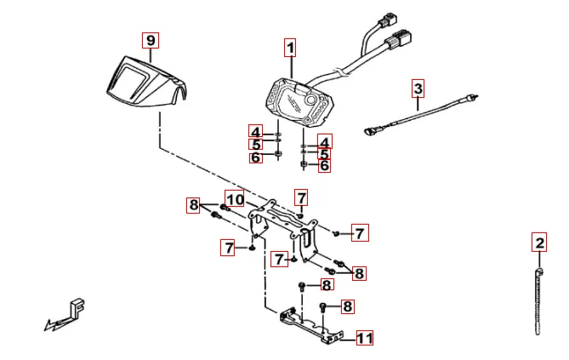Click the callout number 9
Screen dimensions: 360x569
(151, 41)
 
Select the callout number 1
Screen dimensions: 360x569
(290, 48)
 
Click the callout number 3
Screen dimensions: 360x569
(418, 88)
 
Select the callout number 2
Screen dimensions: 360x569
(539, 243)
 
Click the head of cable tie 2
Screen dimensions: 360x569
(539, 272)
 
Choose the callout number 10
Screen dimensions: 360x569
(235, 200)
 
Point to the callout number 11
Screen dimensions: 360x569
(364, 339)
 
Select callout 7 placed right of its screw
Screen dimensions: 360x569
(360, 232)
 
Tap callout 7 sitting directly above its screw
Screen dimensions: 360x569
(300, 197)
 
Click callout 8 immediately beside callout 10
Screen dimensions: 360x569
(194, 204)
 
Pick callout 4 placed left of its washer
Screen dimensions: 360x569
(255, 131)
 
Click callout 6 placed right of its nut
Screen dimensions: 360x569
(324, 166)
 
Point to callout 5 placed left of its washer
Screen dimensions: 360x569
(255, 144)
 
